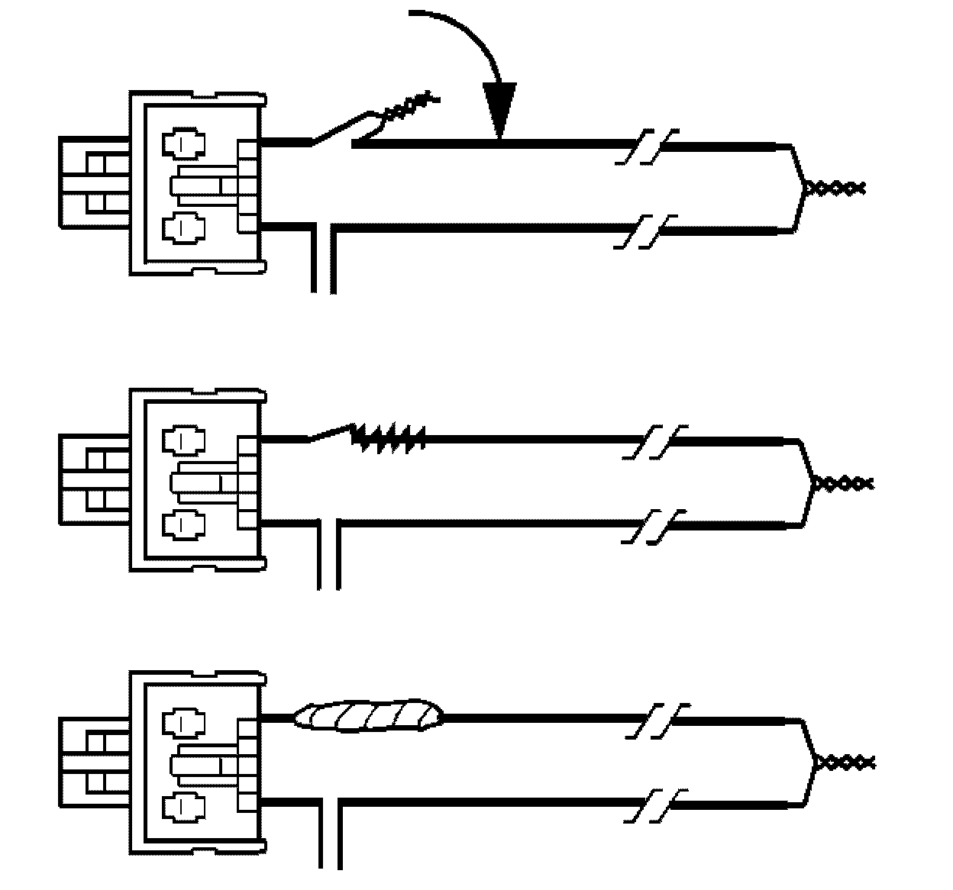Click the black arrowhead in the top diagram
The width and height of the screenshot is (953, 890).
[499, 111]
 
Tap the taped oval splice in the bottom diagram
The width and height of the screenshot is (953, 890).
[369, 715]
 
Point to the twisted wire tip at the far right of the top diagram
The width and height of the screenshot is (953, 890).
[835, 186]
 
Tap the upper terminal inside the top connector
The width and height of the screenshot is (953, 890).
[184, 143]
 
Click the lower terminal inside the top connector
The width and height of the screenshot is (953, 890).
[184, 228]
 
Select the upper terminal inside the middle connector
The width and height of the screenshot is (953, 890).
[184, 440]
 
